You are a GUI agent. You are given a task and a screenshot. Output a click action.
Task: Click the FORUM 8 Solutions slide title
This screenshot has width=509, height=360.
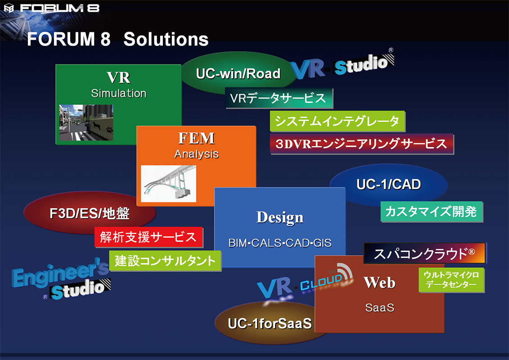[x=117, y=40]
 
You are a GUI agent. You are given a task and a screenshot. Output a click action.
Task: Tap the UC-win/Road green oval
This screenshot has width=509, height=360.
[x=238, y=73]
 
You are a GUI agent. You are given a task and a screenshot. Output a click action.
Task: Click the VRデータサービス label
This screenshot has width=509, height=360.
[x=279, y=98]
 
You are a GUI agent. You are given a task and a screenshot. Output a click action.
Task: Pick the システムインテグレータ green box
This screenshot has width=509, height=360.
[x=337, y=121]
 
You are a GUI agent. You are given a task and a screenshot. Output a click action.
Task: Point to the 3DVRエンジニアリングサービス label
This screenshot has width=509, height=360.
[x=361, y=144]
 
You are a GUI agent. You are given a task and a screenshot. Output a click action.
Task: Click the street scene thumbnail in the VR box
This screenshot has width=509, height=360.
[x=86, y=123]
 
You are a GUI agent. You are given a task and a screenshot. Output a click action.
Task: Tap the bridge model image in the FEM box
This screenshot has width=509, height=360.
[x=168, y=184]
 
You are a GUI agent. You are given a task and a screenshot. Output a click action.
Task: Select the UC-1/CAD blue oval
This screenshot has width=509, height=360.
[x=388, y=184]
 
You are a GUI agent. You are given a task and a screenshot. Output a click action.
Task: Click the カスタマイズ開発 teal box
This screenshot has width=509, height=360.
[x=432, y=211]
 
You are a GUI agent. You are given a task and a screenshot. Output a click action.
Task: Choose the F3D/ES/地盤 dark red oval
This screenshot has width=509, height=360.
[x=90, y=213]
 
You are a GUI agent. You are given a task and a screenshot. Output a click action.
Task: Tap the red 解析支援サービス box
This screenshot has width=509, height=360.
[x=149, y=237]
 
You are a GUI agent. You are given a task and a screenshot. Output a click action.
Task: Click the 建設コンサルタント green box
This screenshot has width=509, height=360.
[x=165, y=261]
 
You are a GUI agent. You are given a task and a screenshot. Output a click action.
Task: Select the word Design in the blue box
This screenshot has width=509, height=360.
[x=280, y=217]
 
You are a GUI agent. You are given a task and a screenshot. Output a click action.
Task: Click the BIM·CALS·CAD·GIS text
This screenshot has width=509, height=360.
[x=280, y=243]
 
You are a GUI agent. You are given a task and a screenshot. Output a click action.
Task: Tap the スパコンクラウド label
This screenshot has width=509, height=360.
[x=425, y=253]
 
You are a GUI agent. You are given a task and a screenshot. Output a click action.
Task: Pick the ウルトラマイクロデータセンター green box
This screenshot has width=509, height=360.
[x=451, y=279]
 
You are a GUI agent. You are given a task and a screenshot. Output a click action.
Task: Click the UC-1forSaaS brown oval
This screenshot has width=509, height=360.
[x=270, y=324]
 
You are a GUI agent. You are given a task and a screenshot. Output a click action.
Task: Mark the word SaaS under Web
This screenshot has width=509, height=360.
[x=379, y=308]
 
